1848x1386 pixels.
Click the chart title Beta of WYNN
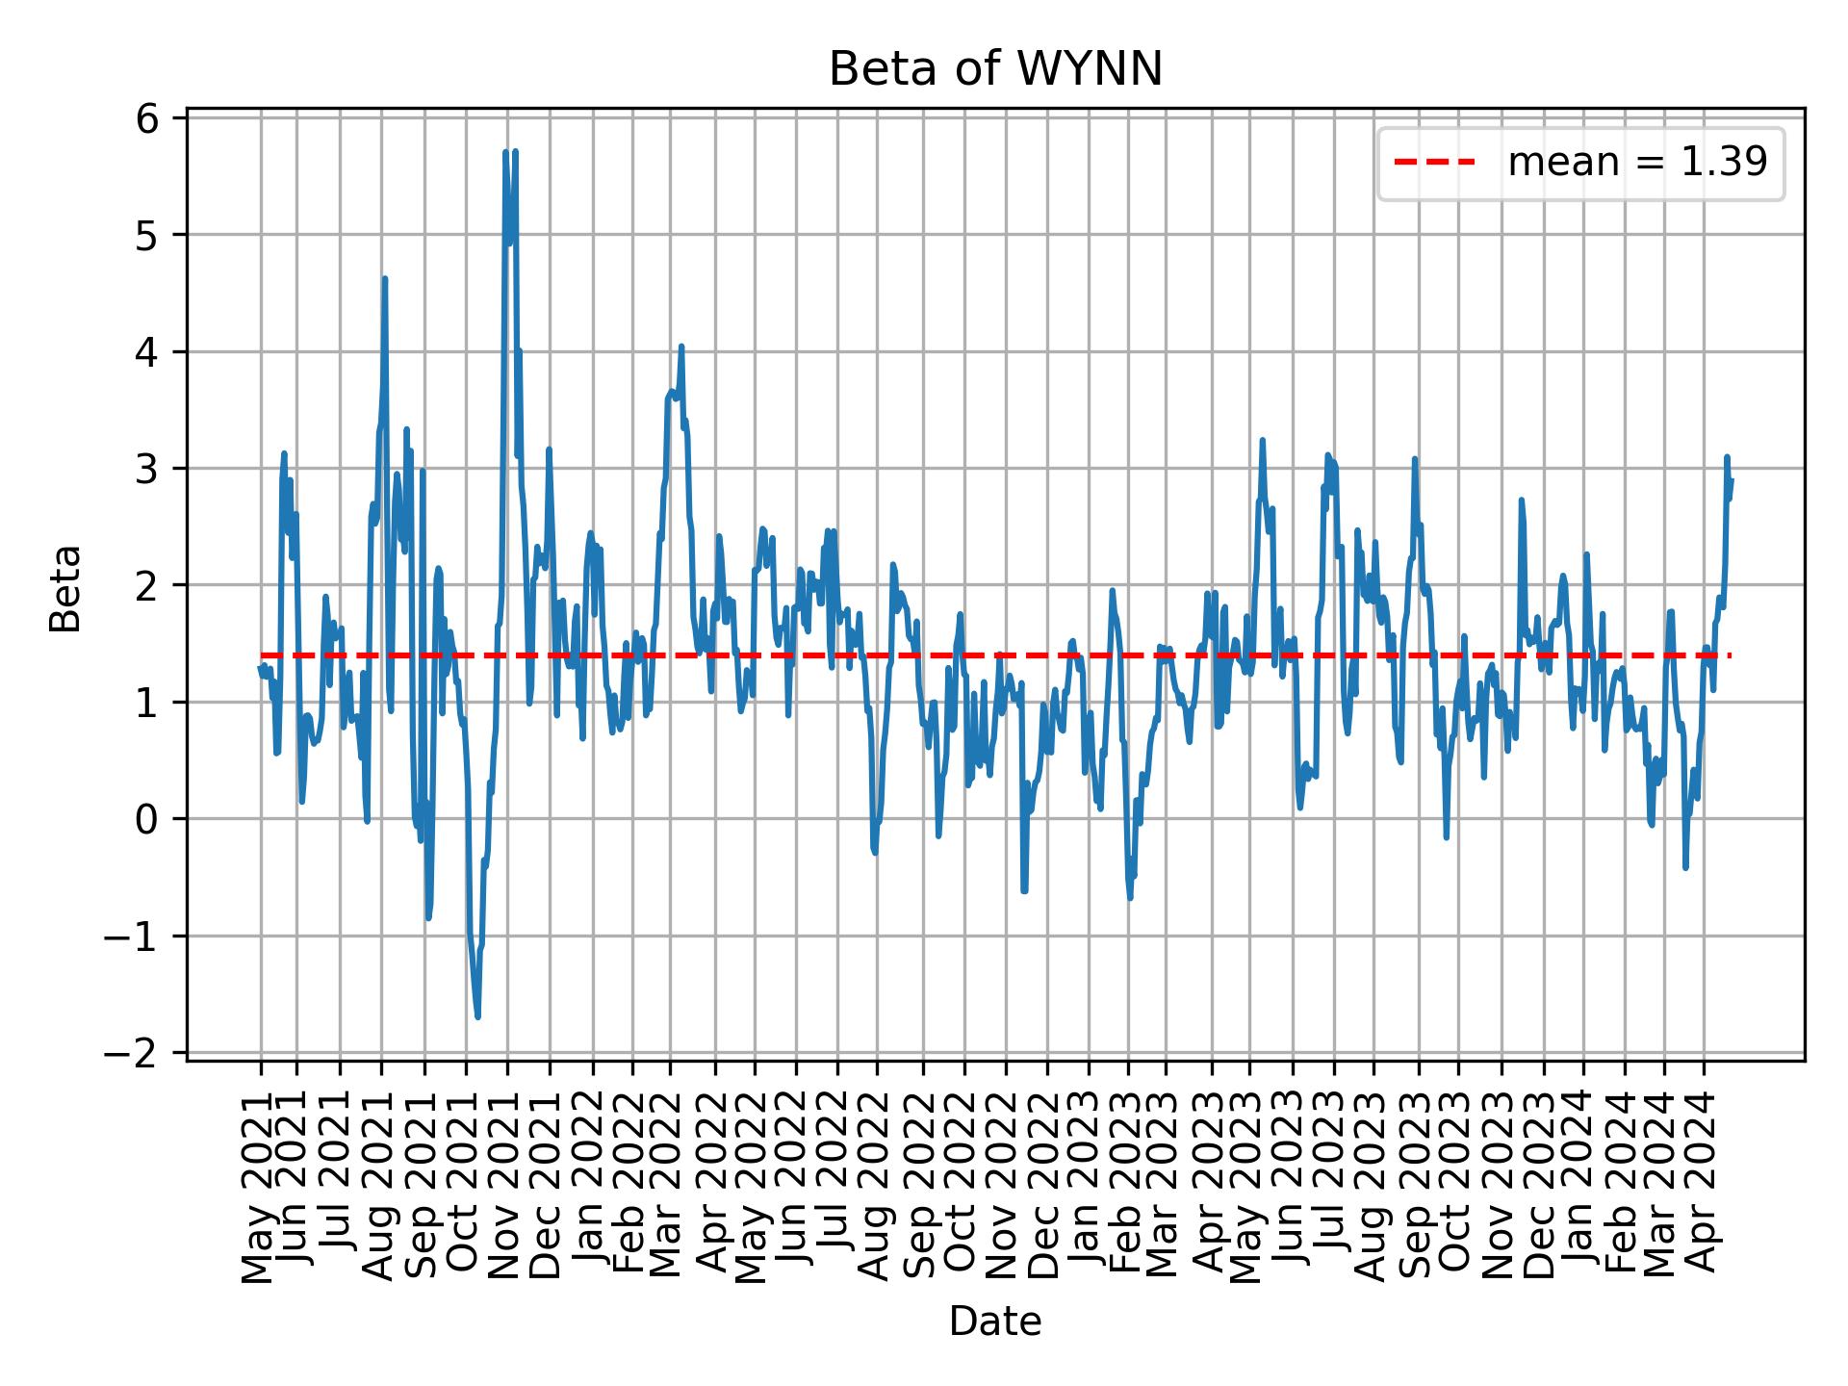tap(995, 69)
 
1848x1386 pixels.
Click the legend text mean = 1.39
tap(1637, 163)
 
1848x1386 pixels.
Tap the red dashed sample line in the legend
tap(1434, 163)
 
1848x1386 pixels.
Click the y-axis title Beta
tap(65, 587)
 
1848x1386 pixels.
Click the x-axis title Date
tap(995, 1322)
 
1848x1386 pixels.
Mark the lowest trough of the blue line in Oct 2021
tap(477, 1016)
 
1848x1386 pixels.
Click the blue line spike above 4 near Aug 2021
tap(384, 279)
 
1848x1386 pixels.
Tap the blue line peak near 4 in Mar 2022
tap(680, 346)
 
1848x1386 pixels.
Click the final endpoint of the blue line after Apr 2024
tap(1732, 480)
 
